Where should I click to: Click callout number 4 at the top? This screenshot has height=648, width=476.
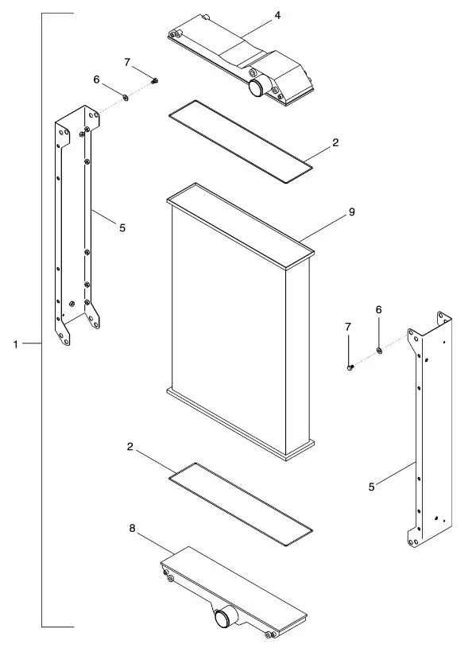(x=277, y=15)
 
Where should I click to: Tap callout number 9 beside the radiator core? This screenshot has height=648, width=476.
(x=351, y=212)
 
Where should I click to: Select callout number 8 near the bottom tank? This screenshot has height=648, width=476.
(x=132, y=528)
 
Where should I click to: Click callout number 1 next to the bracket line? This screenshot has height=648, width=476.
(x=16, y=343)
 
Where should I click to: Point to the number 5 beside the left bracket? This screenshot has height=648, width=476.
(x=122, y=227)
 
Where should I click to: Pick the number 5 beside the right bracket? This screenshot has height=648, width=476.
(x=371, y=487)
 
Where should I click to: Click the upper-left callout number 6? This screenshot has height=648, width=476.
(x=96, y=80)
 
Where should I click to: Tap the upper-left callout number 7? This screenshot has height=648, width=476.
(x=127, y=62)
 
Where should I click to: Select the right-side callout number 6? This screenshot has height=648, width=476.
(x=378, y=309)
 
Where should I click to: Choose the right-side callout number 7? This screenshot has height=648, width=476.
(x=348, y=327)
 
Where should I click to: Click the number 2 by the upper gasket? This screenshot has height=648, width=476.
(x=335, y=142)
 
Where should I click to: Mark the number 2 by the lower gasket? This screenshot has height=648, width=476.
(x=130, y=447)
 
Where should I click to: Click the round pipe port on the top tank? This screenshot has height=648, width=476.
(x=257, y=87)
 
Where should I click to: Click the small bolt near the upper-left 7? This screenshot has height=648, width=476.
(x=155, y=80)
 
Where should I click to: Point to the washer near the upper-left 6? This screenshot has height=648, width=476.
(x=124, y=98)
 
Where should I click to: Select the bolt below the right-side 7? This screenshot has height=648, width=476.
(x=350, y=367)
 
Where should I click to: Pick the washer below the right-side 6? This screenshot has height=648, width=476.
(x=379, y=351)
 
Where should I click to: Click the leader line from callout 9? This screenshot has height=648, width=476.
(x=323, y=229)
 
